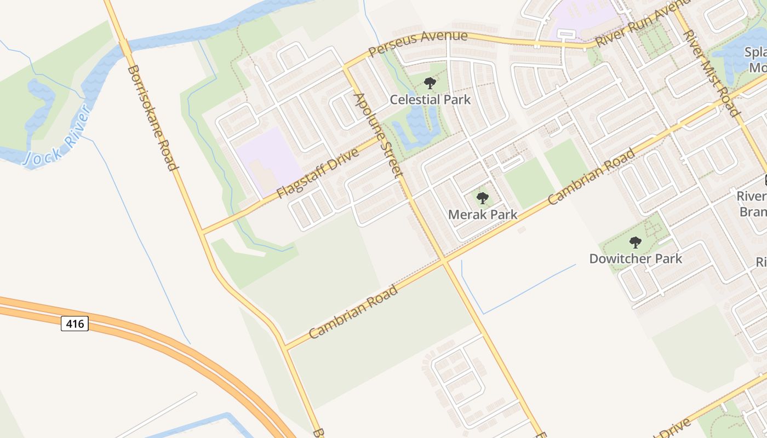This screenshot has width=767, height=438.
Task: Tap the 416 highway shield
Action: point(75,324)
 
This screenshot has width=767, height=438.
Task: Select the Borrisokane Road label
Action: point(153,118)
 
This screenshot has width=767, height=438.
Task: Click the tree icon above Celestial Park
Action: point(430,83)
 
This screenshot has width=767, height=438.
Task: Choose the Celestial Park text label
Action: point(430,100)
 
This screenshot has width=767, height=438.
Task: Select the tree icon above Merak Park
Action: point(482,198)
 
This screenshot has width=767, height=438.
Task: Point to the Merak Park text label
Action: point(482,215)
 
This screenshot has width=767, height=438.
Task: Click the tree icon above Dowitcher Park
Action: point(635,242)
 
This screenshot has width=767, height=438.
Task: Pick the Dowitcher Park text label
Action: point(636,258)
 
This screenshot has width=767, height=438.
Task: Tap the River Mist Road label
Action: point(711,72)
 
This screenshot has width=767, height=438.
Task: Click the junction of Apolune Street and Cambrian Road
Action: point(444,261)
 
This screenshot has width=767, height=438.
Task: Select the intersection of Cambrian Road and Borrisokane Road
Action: point(285,347)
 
